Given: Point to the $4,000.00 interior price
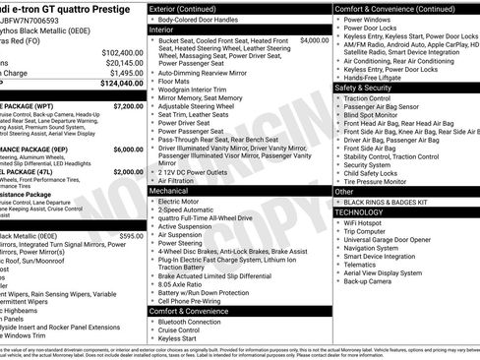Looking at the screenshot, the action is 315,41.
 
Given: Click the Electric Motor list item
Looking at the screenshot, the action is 185,202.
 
